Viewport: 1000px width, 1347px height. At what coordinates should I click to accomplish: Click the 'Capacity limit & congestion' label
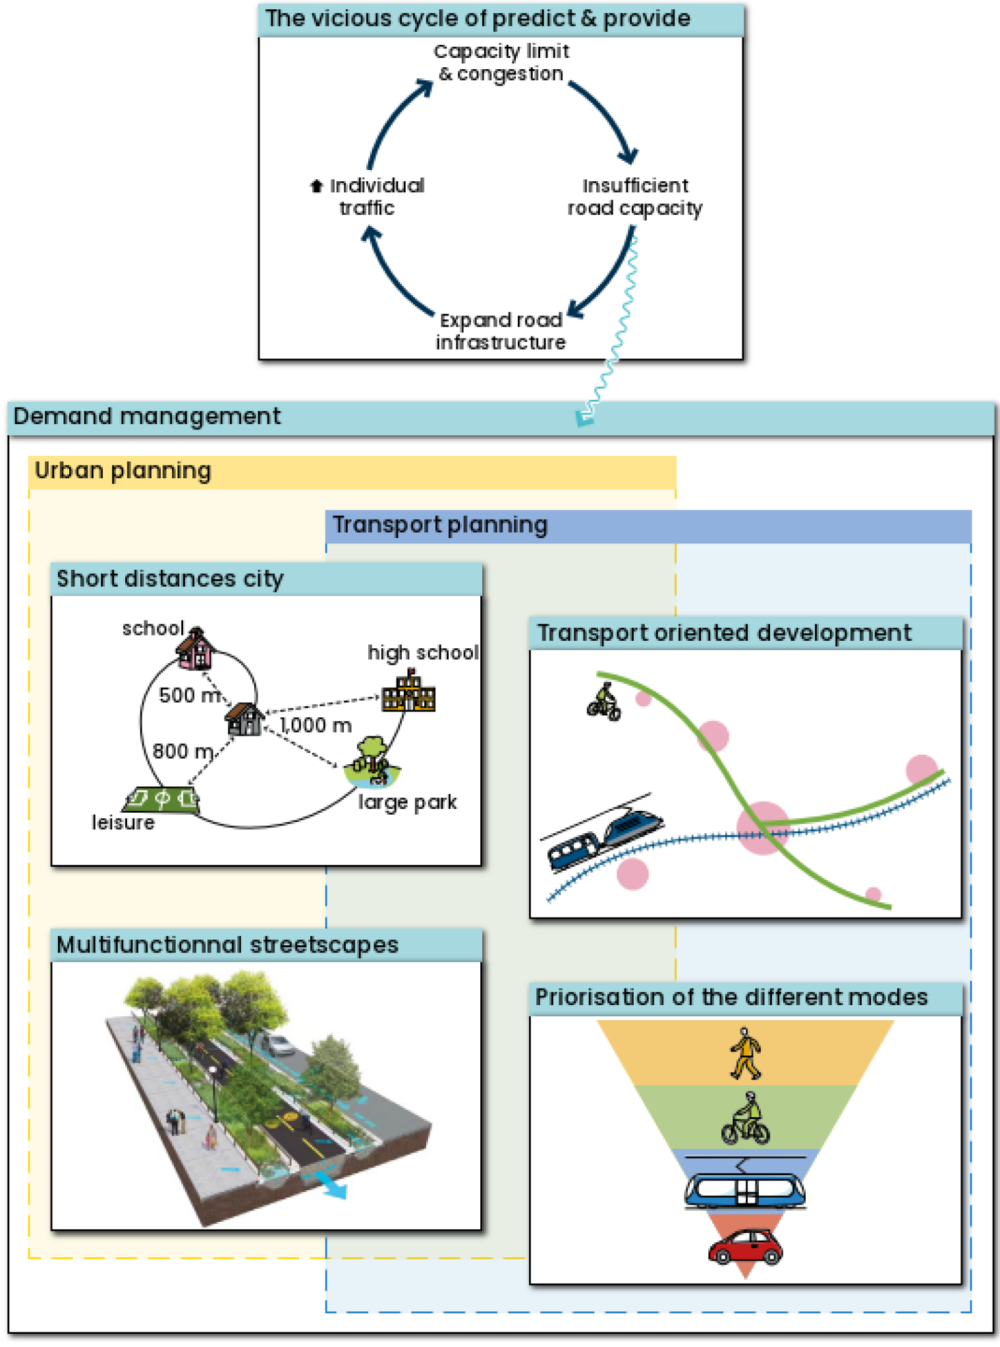(x=501, y=63)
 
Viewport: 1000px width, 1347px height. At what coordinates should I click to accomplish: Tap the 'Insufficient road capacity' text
(x=634, y=197)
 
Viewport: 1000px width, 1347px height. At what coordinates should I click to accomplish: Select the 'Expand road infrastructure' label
(x=501, y=331)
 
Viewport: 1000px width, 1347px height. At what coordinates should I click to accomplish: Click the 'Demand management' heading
(x=147, y=417)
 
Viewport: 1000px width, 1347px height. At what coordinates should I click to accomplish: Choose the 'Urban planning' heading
(x=123, y=471)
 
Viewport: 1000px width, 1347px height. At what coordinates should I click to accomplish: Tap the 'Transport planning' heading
(x=439, y=526)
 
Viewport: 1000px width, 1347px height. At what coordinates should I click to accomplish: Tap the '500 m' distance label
(x=190, y=696)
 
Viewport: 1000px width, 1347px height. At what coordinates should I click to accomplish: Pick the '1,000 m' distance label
(x=316, y=725)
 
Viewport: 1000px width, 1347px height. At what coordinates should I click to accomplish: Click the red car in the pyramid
(x=745, y=1247)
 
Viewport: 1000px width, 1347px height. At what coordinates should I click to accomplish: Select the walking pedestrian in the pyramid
(x=746, y=1054)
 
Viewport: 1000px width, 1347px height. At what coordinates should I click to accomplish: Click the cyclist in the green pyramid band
(x=746, y=1119)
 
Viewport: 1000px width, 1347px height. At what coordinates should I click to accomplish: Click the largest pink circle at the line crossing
(x=763, y=828)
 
